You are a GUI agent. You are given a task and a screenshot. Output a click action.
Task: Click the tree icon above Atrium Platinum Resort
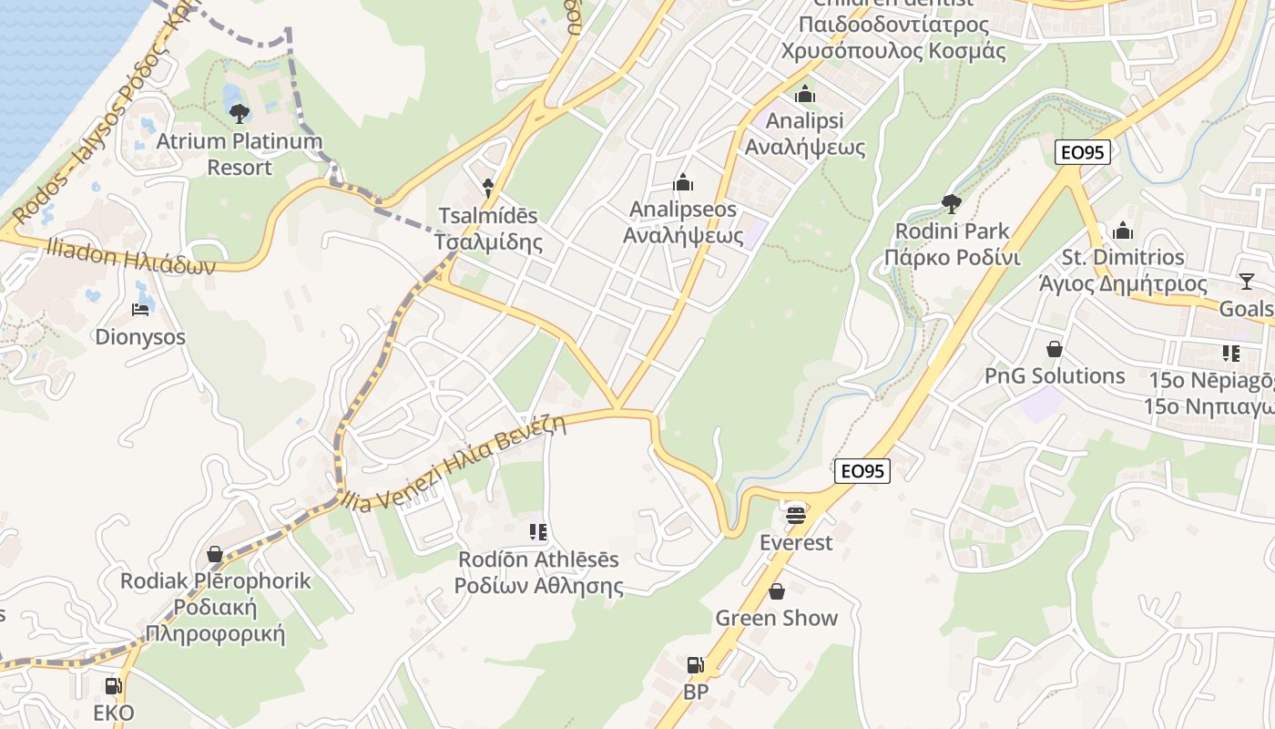(240, 114)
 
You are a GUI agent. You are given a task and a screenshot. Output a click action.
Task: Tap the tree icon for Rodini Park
(952, 202)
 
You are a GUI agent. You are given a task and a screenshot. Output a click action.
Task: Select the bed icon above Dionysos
(140, 310)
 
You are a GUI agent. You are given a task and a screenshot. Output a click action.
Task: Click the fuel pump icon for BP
(695, 665)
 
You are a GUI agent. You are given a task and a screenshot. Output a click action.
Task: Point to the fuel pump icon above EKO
(113, 685)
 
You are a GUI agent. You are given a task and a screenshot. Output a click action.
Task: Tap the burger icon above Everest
(796, 515)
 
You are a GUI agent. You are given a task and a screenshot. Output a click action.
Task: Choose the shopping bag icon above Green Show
(776, 591)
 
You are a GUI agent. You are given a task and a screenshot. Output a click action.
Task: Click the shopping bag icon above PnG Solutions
(1055, 349)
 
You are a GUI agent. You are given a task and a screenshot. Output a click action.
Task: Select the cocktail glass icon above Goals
(1246, 282)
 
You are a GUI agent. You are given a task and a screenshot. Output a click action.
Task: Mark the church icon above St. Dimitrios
(1123, 231)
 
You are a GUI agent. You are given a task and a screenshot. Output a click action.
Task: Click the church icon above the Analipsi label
(805, 94)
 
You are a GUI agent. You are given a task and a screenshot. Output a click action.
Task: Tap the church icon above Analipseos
(683, 183)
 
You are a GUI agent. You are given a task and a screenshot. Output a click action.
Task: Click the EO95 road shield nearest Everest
(862, 471)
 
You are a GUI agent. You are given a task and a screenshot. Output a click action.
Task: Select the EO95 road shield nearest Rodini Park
(1083, 152)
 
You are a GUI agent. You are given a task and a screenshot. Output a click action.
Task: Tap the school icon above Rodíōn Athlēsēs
(537, 531)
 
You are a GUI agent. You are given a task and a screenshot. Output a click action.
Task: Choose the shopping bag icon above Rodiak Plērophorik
(215, 554)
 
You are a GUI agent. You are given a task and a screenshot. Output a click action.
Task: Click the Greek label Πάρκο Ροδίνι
(953, 257)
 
